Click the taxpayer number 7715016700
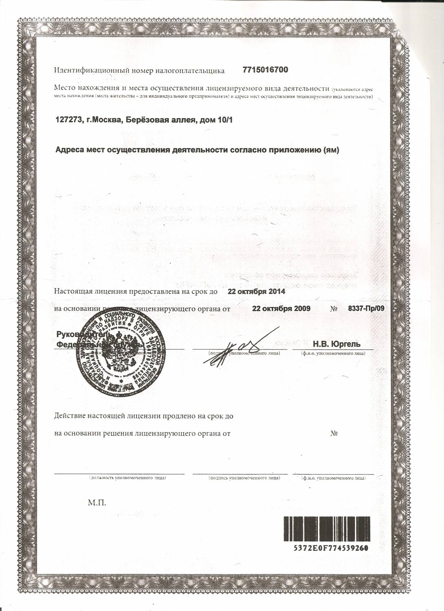[x=265, y=70]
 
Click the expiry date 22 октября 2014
[x=256, y=292]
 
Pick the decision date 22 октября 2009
[x=281, y=308]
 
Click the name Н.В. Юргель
[x=336, y=344]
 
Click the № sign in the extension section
[x=334, y=433]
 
